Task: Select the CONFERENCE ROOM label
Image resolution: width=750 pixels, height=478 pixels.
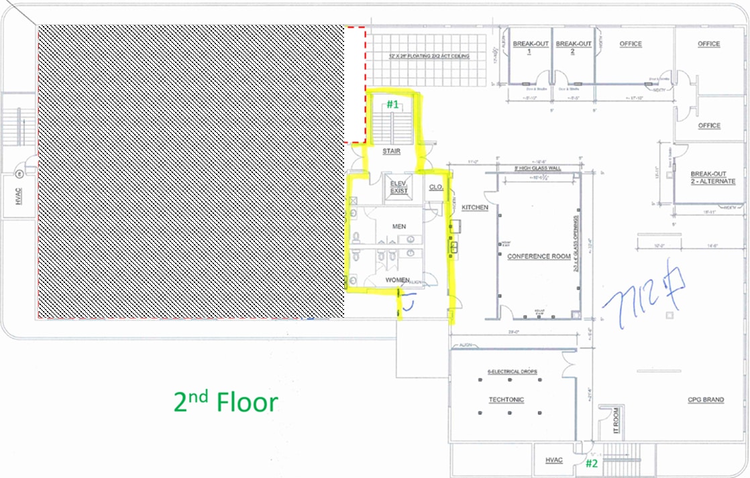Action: (539, 257)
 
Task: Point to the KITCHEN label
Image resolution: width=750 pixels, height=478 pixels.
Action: (475, 208)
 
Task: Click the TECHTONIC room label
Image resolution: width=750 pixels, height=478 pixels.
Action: (506, 400)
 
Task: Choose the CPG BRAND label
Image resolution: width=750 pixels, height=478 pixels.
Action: (706, 400)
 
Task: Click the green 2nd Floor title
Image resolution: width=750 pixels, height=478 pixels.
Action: (225, 402)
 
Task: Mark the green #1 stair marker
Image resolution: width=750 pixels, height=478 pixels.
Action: (392, 104)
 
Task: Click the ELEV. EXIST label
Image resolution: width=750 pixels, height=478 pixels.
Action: (398, 187)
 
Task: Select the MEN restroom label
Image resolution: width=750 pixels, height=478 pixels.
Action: (399, 227)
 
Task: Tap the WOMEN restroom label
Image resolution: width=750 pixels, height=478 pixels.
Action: (398, 279)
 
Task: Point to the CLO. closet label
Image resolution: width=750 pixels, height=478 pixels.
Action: (435, 187)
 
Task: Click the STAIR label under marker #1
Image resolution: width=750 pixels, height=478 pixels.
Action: (391, 152)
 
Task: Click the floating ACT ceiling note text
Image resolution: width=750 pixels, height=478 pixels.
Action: (429, 57)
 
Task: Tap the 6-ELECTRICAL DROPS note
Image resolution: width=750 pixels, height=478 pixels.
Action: (512, 371)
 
